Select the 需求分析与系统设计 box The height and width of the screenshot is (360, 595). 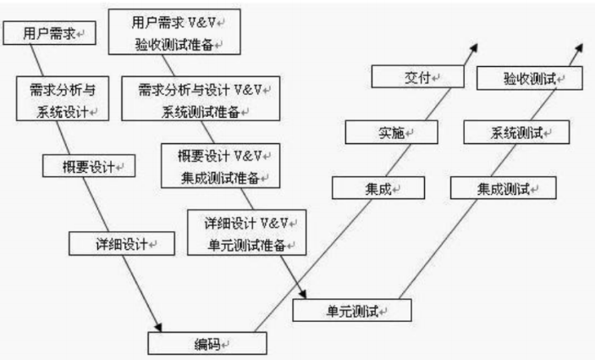62,99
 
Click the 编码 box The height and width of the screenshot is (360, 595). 207,343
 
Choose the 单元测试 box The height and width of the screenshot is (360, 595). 351,310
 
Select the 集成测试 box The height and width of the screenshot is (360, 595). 503,187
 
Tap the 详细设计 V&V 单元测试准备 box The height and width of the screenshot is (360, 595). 245,232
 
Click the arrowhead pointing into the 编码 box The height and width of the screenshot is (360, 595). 157,324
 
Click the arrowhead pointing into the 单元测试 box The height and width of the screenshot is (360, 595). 300,294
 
